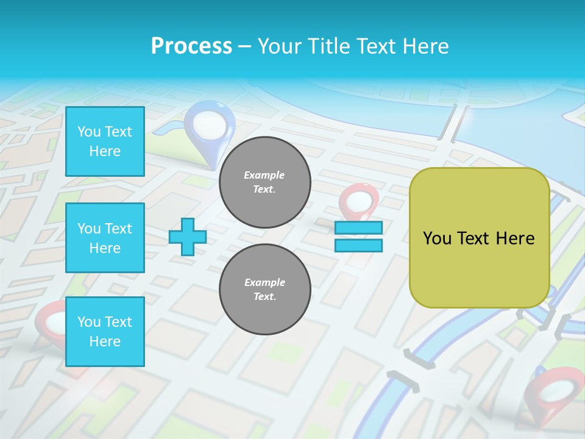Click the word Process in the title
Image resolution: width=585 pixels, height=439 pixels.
(x=191, y=46)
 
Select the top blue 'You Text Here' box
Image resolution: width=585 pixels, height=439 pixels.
(x=105, y=141)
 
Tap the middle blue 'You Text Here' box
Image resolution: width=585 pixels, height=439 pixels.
(x=105, y=238)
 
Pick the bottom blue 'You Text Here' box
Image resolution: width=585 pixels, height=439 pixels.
(x=105, y=332)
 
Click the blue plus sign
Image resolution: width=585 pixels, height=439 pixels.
(x=188, y=237)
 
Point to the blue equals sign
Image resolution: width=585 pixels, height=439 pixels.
(x=358, y=237)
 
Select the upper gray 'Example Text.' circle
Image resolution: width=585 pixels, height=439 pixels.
(x=265, y=182)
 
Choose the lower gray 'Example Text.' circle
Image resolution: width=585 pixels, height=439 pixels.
(x=265, y=290)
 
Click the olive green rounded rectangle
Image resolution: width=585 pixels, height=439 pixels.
(x=480, y=238)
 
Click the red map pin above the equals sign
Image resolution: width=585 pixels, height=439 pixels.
(x=358, y=201)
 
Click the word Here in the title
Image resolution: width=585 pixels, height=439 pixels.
(x=423, y=46)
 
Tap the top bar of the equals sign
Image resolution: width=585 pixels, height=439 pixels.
(x=358, y=228)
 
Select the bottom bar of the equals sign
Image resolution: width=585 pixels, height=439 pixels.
(x=358, y=245)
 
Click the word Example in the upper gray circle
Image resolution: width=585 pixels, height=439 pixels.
(x=264, y=175)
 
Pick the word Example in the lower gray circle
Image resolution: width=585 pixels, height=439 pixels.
(x=264, y=282)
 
